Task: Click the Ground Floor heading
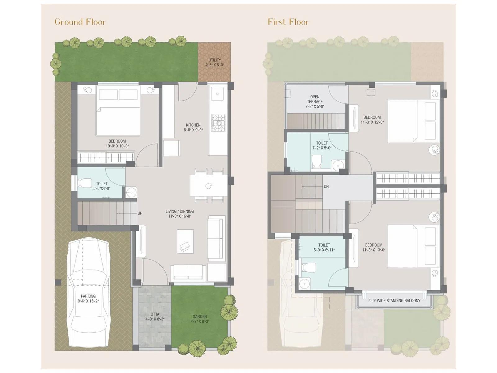[80, 22]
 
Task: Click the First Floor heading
[288, 22]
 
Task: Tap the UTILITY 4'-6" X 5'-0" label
[214, 62]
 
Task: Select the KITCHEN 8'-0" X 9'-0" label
[193, 127]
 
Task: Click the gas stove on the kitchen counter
[218, 123]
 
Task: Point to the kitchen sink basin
[217, 94]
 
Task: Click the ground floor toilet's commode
[84, 183]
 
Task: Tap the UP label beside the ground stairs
[140, 213]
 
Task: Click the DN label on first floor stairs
[326, 186]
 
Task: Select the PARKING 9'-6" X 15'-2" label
[88, 298]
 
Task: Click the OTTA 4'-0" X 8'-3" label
[155, 317]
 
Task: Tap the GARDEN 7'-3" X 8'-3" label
[199, 319]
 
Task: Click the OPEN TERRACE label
[315, 101]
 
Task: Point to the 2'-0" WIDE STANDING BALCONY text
[394, 301]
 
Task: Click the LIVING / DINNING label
[180, 214]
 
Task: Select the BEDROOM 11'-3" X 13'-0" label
[374, 247]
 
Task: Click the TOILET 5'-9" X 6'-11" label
[324, 247]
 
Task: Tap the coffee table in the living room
[185, 241]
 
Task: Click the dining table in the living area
[209, 186]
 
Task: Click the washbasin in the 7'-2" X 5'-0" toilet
[338, 165]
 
